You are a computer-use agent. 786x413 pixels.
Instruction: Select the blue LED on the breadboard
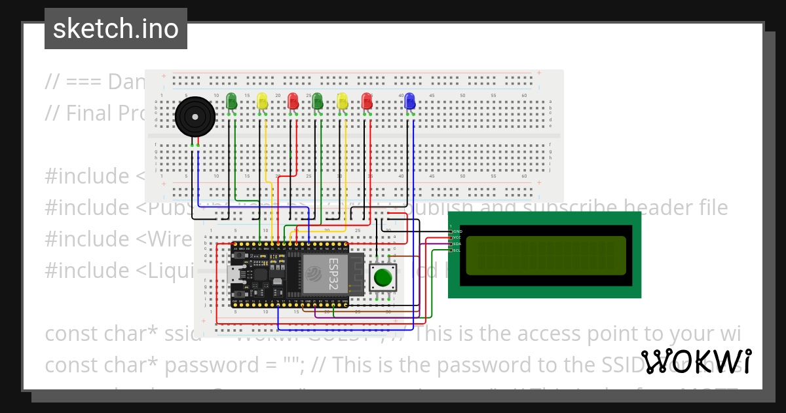410,101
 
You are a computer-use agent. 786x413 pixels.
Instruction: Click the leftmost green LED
231,101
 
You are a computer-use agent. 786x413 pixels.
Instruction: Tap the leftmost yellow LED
262,101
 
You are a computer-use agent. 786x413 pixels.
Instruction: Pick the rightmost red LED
367,101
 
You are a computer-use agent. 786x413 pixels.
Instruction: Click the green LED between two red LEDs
318,101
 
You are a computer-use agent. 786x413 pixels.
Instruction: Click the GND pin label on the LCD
457,231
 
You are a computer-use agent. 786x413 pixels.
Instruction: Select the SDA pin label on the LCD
457,244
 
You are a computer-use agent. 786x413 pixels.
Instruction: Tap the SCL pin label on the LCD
457,250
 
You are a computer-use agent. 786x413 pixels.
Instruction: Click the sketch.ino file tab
116,29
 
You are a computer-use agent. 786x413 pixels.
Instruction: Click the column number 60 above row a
524,96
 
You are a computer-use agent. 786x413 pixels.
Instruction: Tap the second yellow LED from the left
342,101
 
